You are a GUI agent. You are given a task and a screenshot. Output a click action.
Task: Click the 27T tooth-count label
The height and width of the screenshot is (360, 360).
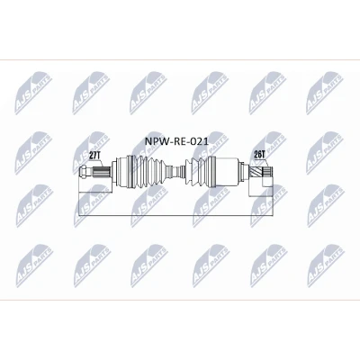(95, 156)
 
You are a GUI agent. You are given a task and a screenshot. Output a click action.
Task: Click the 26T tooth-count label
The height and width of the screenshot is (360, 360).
(260, 155)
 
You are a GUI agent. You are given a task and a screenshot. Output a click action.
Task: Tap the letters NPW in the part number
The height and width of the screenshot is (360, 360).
(155, 141)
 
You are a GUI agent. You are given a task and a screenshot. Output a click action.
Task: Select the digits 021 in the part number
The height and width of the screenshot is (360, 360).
(201, 141)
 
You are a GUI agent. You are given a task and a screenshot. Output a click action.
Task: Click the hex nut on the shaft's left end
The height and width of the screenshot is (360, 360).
(84, 172)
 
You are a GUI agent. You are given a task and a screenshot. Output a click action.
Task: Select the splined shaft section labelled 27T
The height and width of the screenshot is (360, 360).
(100, 172)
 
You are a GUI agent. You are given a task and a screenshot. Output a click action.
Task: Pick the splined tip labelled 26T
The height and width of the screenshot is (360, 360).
(268, 172)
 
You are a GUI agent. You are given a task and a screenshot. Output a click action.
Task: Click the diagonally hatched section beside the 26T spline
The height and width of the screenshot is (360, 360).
(256, 172)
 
